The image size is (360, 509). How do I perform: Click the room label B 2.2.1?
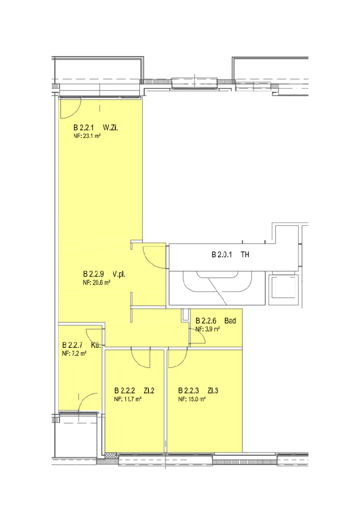pyautogui.click(x=83, y=128)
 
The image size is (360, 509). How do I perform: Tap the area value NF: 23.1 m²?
pyautogui.click(x=87, y=136)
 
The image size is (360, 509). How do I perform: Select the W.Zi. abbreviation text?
pyautogui.click(x=110, y=128)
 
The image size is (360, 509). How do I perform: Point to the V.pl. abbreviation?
pyautogui.click(x=119, y=274)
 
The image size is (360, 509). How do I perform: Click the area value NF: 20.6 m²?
pyautogui.click(x=97, y=282)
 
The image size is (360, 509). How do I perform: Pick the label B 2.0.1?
pyautogui.click(x=222, y=254)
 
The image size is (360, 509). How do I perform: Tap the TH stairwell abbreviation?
pyautogui.click(x=245, y=254)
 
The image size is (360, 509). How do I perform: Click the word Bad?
pyautogui.click(x=230, y=321)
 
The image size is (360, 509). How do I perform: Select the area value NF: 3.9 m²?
pyautogui.click(x=208, y=329)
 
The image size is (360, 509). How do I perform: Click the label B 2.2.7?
pyautogui.click(x=72, y=345)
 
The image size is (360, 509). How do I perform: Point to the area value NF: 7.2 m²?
pyautogui.click(x=74, y=353)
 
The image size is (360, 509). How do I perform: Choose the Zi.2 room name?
pyautogui.click(x=149, y=391)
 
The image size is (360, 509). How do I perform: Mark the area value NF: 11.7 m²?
pyautogui.click(x=128, y=399)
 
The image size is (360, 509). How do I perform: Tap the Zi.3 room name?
pyautogui.click(x=213, y=391)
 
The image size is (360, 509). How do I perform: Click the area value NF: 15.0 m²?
pyautogui.click(x=192, y=399)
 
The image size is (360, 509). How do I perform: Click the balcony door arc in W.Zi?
pyautogui.click(x=75, y=113)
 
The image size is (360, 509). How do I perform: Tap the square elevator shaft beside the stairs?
pyautogui.click(x=283, y=289)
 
